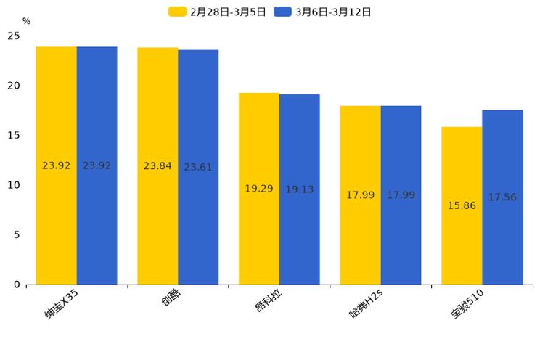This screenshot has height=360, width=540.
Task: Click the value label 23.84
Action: (x=157, y=166)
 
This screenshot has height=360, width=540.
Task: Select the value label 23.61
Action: (x=198, y=168)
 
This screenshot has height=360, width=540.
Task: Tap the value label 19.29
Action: (x=259, y=189)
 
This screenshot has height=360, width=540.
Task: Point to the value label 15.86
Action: (x=462, y=206)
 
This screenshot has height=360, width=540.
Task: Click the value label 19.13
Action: (x=300, y=189)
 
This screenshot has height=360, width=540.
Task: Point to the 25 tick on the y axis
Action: (x=14, y=36)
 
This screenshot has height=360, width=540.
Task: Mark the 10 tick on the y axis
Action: (x=14, y=185)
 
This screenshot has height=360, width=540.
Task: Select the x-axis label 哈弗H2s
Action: (x=365, y=304)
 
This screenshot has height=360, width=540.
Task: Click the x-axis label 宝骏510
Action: (x=467, y=304)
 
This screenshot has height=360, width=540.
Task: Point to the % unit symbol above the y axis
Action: (x=26, y=22)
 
